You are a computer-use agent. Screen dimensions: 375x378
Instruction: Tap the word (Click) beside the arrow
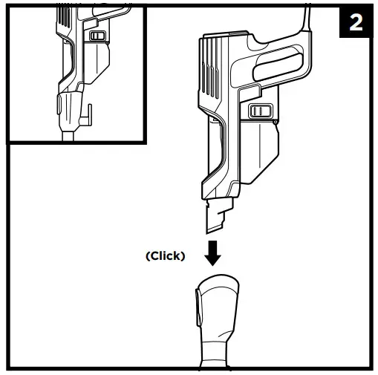(x=166, y=255)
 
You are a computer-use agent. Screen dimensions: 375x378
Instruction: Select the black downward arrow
(x=214, y=252)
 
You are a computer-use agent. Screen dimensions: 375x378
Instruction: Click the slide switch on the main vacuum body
(x=259, y=111)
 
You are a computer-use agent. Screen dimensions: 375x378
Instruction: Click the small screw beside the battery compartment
(x=275, y=120)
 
